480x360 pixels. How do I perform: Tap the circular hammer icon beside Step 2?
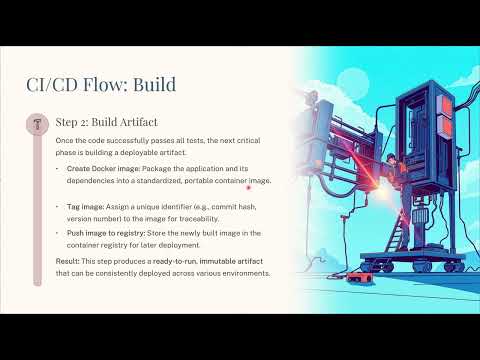click(38, 125)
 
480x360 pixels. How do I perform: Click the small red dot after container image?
click(247, 185)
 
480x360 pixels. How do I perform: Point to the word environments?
click(242, 272)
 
